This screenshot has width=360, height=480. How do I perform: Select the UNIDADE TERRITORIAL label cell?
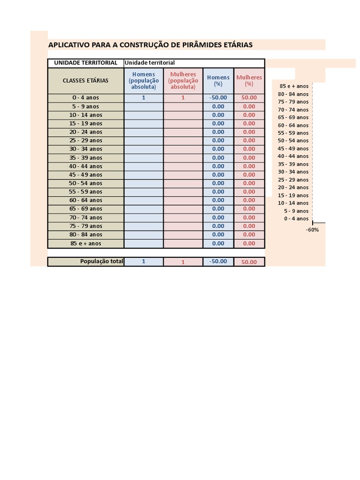coord(86,63)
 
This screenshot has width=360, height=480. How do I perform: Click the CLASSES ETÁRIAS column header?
coord(86,81)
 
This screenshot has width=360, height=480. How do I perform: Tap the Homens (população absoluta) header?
coord(144,81)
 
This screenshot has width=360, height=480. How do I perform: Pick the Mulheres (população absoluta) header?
coord(183,81)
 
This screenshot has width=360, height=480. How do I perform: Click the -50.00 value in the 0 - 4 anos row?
coord(218,97)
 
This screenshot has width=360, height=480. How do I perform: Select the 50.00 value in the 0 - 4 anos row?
coord(249,97)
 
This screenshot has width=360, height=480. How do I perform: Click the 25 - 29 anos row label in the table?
coord(86,140)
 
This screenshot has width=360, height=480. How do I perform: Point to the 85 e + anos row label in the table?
coord(86,243)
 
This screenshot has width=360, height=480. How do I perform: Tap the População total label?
coord(102,262)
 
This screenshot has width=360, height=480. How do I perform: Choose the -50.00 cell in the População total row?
coord(218,262)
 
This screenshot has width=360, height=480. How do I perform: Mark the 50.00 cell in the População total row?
coord(249,262)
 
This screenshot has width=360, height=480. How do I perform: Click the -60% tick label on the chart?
coord(312,230)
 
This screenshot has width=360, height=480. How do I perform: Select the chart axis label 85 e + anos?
coord(294,86)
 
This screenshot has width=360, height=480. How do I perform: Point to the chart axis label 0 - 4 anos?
coord(296,218)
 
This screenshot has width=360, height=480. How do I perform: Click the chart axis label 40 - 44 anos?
coord(293,156)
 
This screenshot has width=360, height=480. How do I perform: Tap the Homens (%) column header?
coord(218,81)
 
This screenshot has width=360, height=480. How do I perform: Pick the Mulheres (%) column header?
coord(249,81)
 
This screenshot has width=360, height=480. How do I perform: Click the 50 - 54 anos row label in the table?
coord(86,183)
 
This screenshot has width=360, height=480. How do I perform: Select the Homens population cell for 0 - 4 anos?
coord(144,97)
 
